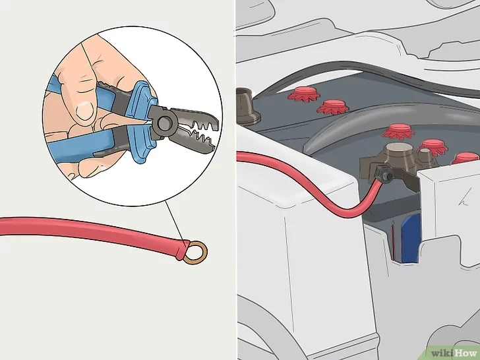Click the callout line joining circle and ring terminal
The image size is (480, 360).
pyautogui.click(x=175, y=222)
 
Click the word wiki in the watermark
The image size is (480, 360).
pyautogui.click(x=442, y=353)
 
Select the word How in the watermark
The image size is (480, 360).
pyautogui.click(x=466, y=353)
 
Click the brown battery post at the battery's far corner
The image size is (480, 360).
pyautogui.click(x=247, y=107)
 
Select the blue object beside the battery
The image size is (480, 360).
pyautogui.click(x=411, y=238)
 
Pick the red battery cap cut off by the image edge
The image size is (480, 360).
pyautogui.click(x=466, y=158)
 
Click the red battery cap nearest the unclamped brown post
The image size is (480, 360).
pyautogui.click(x=304, y=94)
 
